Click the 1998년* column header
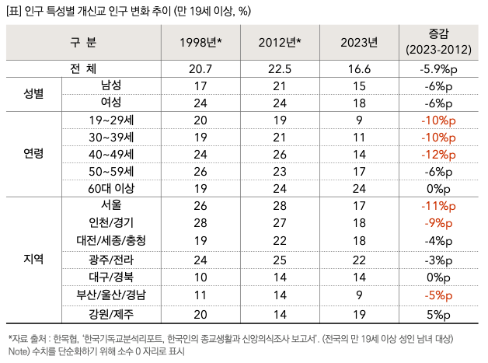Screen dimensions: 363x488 tap(200, 42)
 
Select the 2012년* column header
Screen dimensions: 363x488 tap(280, 42)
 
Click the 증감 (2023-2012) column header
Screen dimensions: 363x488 tap(438, 42)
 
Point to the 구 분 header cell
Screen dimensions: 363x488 tap(83, 42)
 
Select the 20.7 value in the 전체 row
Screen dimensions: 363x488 tap(200, 68)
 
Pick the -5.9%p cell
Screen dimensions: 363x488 tap(438, 68)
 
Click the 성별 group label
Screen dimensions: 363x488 tap(33, 94)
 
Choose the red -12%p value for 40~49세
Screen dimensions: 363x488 tap(438, 154)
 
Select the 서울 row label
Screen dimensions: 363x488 tap(111, 205)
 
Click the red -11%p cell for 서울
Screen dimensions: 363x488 tap(438, 205)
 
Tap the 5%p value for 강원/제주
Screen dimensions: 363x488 tap(438, 314)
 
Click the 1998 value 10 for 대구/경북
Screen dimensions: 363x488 tap(200, 276)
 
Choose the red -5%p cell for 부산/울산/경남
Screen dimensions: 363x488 tap(438, 295)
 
